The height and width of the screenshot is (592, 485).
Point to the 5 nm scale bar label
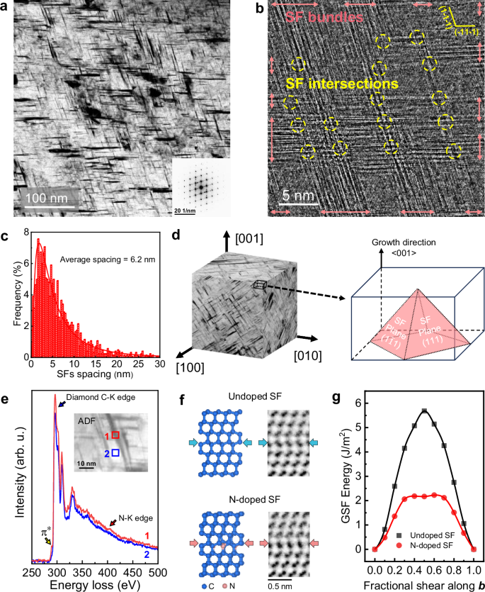coord(295,194)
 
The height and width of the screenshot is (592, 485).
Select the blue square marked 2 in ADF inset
coord(115,452)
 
